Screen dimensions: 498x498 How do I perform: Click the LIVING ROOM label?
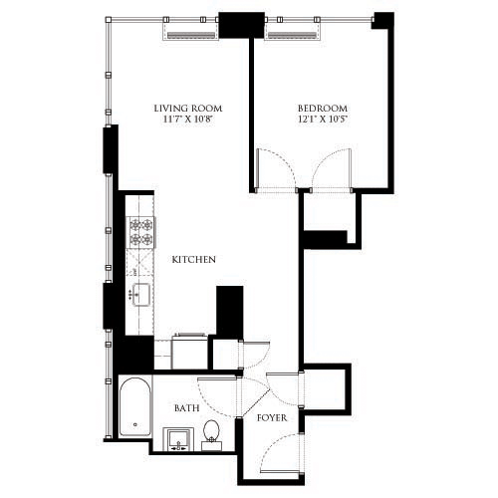coord(187,108)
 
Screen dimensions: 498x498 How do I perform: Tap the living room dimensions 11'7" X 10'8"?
coord(187,120)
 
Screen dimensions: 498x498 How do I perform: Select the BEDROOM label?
coord(322,108)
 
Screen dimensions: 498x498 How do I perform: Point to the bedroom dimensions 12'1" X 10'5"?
coord(322,120)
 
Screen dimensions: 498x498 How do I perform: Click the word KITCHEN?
coord(194,259)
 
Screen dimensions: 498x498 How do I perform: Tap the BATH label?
coord(186,408)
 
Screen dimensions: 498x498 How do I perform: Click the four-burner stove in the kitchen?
coord(141,232)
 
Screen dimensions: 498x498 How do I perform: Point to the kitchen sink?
coord(139,295)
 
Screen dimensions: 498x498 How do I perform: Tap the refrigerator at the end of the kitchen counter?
coord(189,351)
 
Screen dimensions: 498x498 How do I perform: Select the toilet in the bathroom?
coord(211,433)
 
